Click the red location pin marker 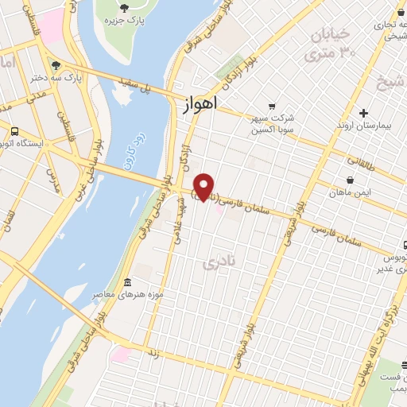tap(204, 186)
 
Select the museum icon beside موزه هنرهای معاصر tap(129, 284)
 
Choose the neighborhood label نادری tap(219, 261)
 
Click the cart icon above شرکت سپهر tap(273, 105)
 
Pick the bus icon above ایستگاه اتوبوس tap(14, 130)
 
